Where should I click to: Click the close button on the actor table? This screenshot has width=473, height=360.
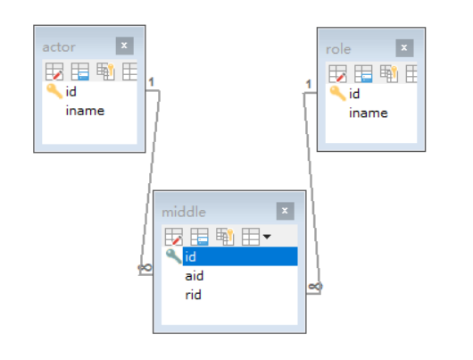tap(125, 46)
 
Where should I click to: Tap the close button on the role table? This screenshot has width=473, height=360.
tap(404, 47)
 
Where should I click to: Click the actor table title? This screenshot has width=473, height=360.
tap(59, 47)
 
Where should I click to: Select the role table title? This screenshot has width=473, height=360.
tap(338, 49)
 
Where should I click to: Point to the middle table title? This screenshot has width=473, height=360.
tap(184, 212)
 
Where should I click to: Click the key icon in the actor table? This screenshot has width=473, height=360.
tap(54, 91)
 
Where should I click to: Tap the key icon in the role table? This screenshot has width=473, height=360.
tap(337, 93)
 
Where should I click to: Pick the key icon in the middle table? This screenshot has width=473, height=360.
tap(173, 256)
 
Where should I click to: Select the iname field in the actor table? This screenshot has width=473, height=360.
tap(85, 111)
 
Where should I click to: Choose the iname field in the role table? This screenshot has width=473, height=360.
tap(369, 113)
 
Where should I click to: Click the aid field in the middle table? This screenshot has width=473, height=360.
tap(195, 276)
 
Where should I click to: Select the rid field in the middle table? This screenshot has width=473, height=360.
tap(193, 295)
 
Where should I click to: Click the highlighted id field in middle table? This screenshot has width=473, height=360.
tap(240, 256)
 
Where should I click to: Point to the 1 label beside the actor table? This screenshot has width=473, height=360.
tap(152, 82)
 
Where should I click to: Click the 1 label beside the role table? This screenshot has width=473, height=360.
tap(308, 84)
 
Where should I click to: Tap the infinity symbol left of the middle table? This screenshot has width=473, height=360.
tap(145, 267)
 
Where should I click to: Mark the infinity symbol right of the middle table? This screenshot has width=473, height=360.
tap(315, 286)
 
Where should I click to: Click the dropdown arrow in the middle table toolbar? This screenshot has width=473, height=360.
tap(267, 237)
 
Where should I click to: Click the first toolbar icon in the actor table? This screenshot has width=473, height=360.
tap(54, 71)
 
